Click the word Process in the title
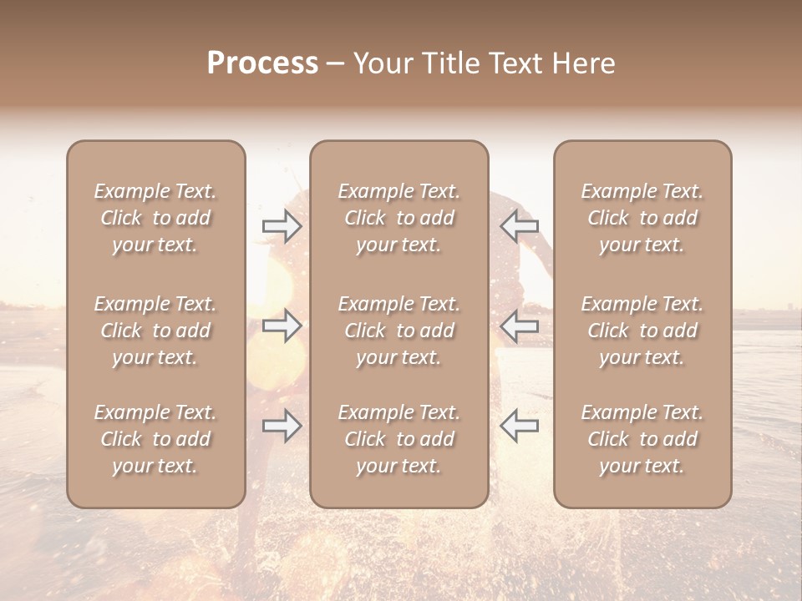[262, 63]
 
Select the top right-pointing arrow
[282, 226]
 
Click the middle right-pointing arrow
[282, 326]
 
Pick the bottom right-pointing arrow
[282, 426]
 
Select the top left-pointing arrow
[520, 226]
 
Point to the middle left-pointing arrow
[520, 326]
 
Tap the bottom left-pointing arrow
[520, 426]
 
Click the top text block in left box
[155, 218]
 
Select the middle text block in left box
[155, 331]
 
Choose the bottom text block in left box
[155, 439]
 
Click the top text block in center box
[398, 218]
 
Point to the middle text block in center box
[398, 331]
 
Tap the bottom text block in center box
[398, 439]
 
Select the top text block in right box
[642, 218]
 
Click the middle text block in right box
[642, 331]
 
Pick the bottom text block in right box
[642, 439]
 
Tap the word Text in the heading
[516, 63]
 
